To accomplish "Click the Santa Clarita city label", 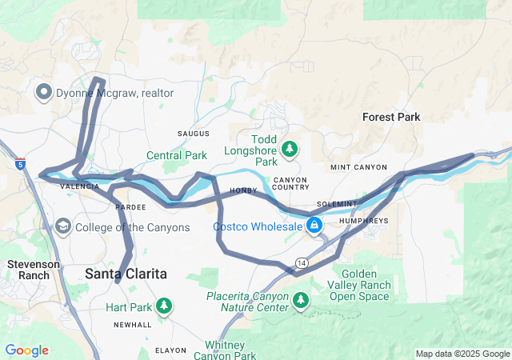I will click(x=126, y=274).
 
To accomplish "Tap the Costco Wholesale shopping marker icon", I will click(x=315, y=226).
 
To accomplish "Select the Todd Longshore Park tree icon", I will click(x=290, y=148).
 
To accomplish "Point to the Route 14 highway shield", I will click(x=301, y=262).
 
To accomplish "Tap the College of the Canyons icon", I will click(x=62, y=227).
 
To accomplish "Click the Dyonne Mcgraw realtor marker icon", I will click(x=43, y=93).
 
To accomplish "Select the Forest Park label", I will click(x=390, y=117).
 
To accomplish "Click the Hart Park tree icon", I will click(x=164, y=306).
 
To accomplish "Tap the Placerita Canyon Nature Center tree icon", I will click(x=301, y=301).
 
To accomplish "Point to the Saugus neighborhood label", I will click(x=194, y=133).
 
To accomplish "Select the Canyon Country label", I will click(x=290, y=183).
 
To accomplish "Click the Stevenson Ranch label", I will click(x=29, y=269).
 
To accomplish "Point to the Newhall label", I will click(x=132, y=325).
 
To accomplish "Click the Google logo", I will click(x=26, y=350).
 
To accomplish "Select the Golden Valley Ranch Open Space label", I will click(x=360, y=285).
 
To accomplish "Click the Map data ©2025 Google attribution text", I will click(x=462, y=354).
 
